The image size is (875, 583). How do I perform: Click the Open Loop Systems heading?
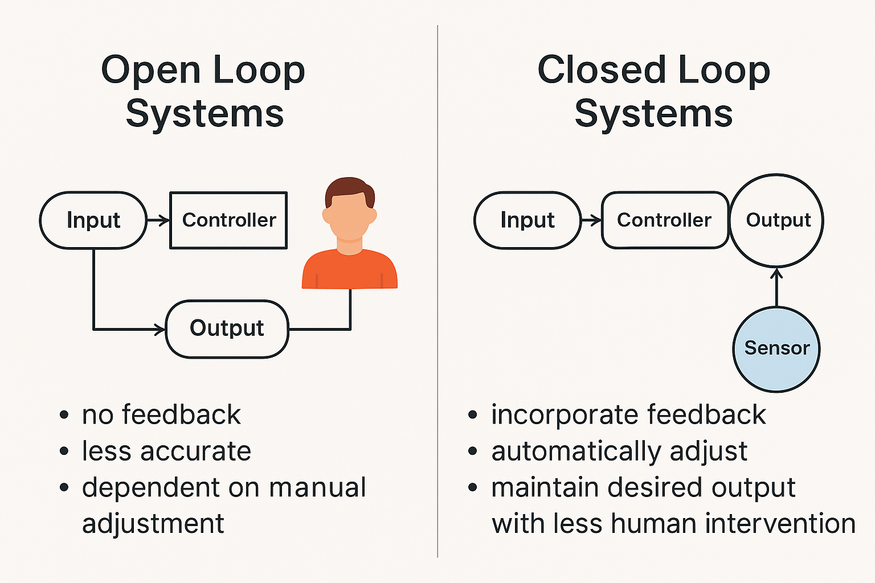[x=203, y=91]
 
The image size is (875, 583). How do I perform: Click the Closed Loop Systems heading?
[x=653, y=91]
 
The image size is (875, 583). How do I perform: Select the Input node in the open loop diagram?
[x=93, y=220]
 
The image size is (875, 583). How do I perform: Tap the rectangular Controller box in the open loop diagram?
[x=228, y=220]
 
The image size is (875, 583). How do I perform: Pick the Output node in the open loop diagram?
[x=227, y=329]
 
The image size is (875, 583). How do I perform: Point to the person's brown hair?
[x=349, y=188]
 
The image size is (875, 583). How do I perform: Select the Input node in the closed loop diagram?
[x=527, y=220]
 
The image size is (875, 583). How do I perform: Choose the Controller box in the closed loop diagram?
[x=664, y=220]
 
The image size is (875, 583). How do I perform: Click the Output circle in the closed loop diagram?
[x=777, y=220]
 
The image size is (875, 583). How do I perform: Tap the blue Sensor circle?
[x=776, y=348]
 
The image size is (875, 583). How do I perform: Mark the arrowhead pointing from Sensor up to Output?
[x=777, y=274]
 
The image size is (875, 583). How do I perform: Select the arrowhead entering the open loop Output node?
[x=160, y=329]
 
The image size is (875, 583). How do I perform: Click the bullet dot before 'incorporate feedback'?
[x=472, y=414]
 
